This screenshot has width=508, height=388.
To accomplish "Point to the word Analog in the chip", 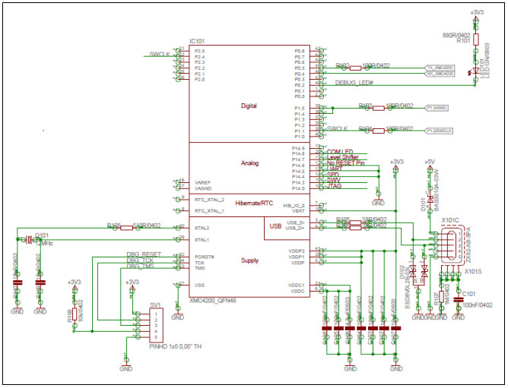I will (x=249, y=163).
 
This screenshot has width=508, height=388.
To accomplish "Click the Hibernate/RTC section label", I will (x=253, y=203).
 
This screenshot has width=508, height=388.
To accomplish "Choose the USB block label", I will (x=275, y=225).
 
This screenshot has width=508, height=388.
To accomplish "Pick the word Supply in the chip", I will (x=249, y=260).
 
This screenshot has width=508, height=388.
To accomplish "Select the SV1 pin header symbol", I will (x=157, y=324).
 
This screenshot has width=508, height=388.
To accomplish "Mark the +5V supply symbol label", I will (x=430, y=162).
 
